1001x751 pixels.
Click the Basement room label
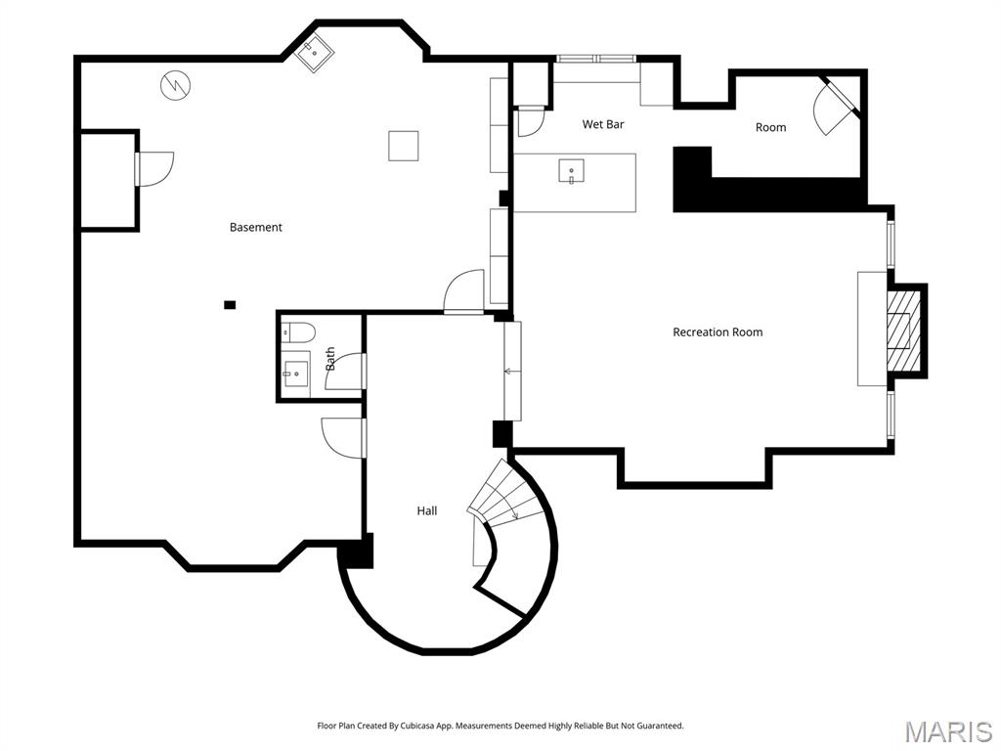tap(255, 227)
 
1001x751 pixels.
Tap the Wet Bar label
tap(602, 124)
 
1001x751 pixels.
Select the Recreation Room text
tap(718, 332)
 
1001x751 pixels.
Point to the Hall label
tap(427, 510)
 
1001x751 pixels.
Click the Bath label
tap(330, 359)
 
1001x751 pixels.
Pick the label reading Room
tap(770, 127)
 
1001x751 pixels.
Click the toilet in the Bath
tap(297, 331)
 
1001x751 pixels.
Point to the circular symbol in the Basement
tap(176, 85)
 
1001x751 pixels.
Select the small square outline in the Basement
tap(403, 146)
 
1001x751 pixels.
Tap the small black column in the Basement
tap(230, 305)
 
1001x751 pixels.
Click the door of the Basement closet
tap(153, 167)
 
